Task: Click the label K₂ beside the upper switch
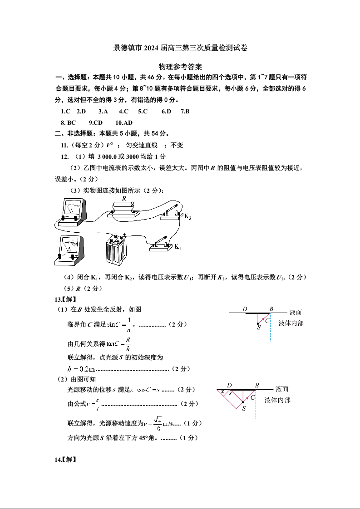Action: coord(187,217)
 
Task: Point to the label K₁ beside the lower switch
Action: coord(178,247)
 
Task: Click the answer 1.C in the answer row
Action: coord(65,111)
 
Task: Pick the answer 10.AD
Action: coord(124,122)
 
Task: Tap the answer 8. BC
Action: coord(68,122)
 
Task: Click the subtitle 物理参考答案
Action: coord(180,67)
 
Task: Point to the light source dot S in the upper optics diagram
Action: coord(258,323)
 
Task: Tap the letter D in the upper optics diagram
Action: coord(245,309)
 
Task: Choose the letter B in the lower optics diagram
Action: coord(257,386)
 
